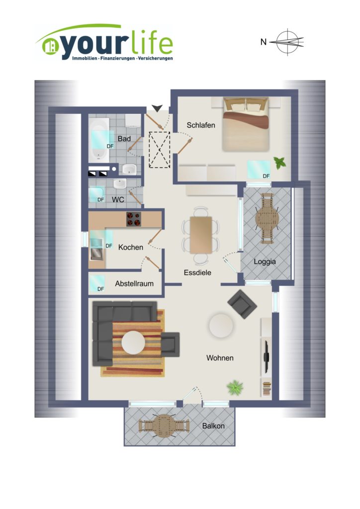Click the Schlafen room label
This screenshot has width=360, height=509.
coord(200,125)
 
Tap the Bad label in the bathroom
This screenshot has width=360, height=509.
coord(124,139)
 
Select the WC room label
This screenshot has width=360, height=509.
coord(118,200)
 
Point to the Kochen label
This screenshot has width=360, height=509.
coord(130,248)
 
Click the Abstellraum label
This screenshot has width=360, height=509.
coord(134,284)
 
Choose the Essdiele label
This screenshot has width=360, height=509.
coord(197,273)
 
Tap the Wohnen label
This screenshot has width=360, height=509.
coord(220,358)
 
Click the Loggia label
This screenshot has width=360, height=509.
coord(265,261)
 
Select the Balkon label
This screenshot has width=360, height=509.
coord(213,426)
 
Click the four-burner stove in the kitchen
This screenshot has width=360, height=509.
coord(134,219)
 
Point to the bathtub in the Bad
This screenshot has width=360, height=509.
coord(99,140)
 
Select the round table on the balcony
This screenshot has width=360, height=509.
coord(164,425)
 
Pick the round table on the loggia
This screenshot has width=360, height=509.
coord(267,219)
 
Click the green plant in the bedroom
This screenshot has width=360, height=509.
coord(279,163)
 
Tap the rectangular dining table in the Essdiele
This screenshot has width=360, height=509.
coord(201,235)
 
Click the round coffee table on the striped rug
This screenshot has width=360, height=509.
coord(134,343)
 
